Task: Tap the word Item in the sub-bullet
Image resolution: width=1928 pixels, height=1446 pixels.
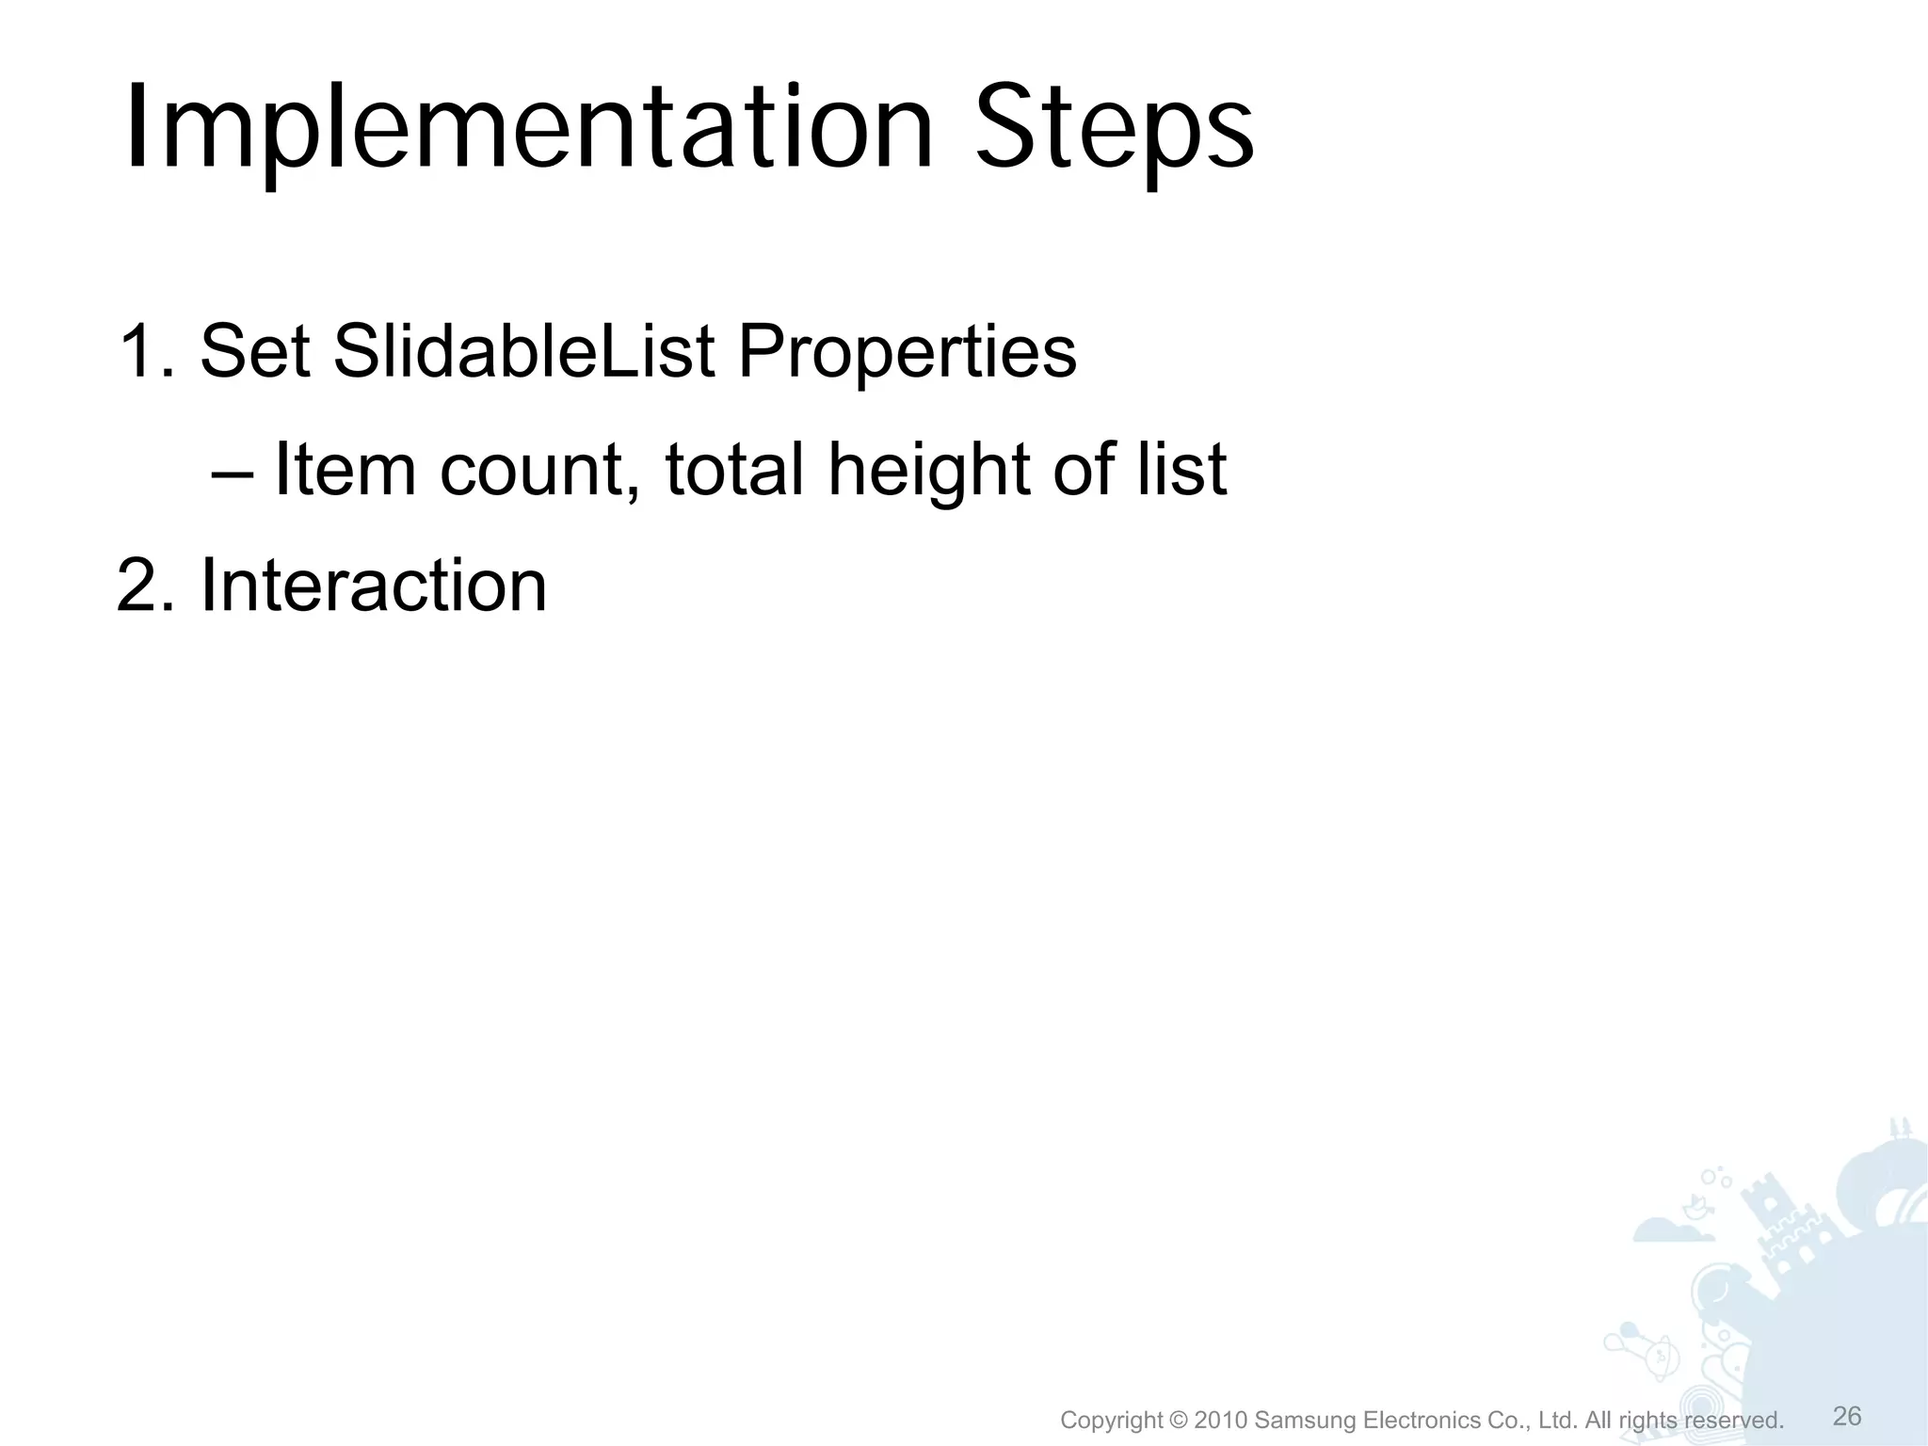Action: pyautogui.click(x=344, y=469)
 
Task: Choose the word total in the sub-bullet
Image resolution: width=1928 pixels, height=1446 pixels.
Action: pyautogui.click(x=734, y=469)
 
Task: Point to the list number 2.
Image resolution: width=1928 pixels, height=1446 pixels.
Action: pyautogui.click(x=146, y=586)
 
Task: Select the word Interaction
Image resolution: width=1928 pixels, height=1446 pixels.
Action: pyautogui.click(x=373, y=586)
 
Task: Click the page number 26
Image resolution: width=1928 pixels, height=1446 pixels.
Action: pyautogui.click(x=1847, y=1416)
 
